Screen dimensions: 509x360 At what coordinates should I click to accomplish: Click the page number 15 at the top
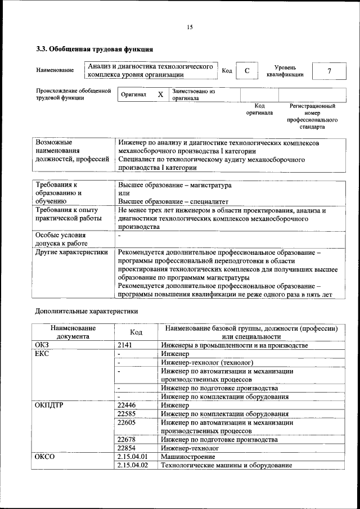(190, 28)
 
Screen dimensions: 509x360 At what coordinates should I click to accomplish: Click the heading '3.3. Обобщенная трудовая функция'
(94, 49)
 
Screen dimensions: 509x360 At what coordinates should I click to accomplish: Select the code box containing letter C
(246, 70)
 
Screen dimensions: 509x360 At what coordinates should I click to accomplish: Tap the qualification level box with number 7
(329, 70)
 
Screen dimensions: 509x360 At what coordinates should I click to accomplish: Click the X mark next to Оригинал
(160, 94)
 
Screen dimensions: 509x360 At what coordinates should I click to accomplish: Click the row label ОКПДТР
(51, 404)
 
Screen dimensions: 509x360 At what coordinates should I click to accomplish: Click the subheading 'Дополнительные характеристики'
(86, 310)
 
